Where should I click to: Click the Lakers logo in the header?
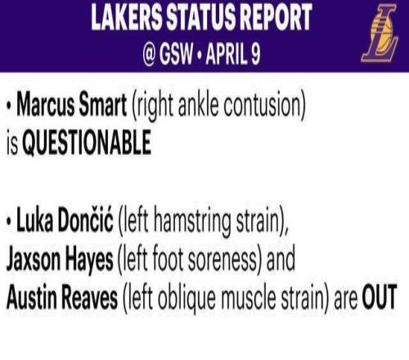380,34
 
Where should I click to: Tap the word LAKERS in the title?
126,17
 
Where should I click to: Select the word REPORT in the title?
276,17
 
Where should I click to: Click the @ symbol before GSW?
149,54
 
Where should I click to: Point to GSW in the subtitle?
177,54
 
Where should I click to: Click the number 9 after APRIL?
255,54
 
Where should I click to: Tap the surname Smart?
103,105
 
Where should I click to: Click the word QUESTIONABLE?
87,142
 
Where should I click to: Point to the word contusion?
264,106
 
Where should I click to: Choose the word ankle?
199,105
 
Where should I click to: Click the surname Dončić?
85,219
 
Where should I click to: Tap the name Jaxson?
33,259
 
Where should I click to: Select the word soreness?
222,259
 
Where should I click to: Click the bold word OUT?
379,297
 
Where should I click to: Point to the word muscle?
249,297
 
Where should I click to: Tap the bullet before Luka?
10,221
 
